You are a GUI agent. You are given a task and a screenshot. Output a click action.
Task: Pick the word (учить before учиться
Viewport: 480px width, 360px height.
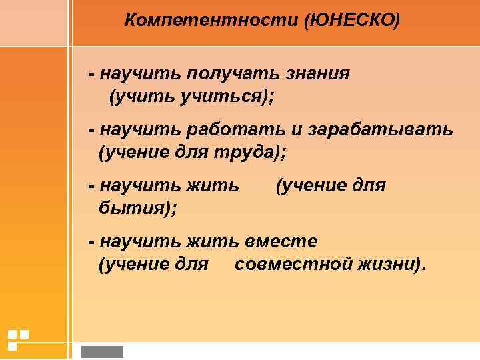[x=141, y=97]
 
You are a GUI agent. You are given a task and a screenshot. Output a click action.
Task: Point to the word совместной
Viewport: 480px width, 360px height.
[x=290, y=265]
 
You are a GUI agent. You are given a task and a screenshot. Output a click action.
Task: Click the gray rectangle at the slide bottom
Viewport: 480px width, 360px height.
[x=102, y=351]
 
